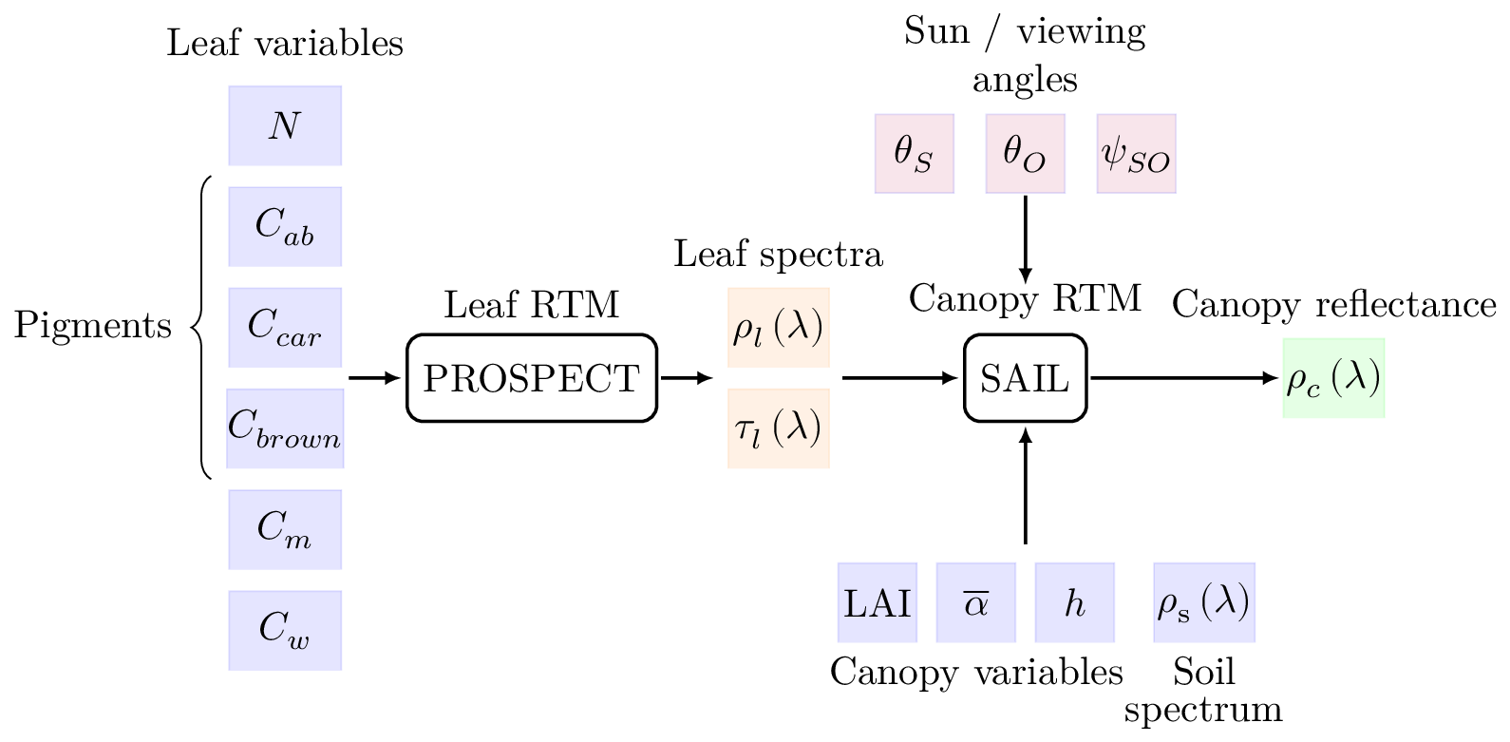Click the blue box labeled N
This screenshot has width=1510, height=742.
click(x=285, y=125)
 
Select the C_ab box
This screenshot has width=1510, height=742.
click(x=285, y=226)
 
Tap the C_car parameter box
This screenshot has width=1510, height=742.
click(x=285, y=327)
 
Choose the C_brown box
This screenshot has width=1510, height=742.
click(x=285, y=428)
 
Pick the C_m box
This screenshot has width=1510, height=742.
click(x=285, y=529)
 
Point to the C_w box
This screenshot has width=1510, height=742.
click(x=285, y=630)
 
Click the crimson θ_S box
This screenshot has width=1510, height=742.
click(x=914, y=154)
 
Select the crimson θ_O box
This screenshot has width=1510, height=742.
click(x=1025, y=154)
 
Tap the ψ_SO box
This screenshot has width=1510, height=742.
click(x=1136, y=154)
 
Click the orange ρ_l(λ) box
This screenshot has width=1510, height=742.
click(x=778, y=327)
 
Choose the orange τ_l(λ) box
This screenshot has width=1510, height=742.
click(x=778, y=428)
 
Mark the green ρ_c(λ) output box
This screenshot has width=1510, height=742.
click(x=1333, y=377)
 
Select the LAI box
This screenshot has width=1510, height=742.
click(x=878, y=602)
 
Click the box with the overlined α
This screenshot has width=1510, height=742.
click(x=976, y=602)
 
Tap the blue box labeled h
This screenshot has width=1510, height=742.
click(x=1075, y=602)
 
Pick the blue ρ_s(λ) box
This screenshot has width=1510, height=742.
click(x=1204, y=602)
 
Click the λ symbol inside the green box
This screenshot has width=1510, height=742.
click(x=1355, y=376)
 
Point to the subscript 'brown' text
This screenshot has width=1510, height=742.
click(x=298, y=439)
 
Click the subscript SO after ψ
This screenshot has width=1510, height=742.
click(x=1149, y=163)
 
